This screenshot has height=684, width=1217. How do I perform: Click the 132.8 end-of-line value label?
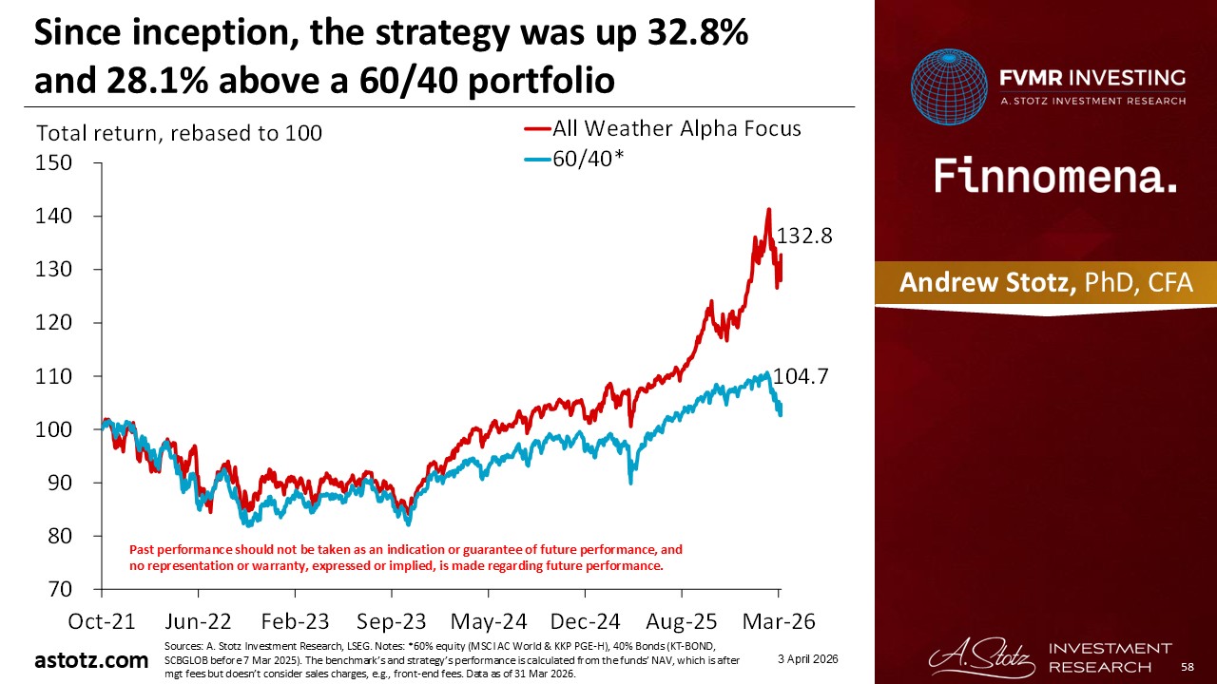(x=805, y=237)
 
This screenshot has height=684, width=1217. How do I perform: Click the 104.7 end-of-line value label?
(x=801, y=376)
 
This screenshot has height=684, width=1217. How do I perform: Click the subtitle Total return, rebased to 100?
(x=179, y=134)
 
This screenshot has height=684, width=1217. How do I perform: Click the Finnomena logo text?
(x=1055, y=177)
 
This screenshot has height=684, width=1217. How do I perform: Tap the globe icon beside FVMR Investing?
(x=949, y=86)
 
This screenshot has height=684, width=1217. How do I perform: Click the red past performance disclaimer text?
(x=406, y=558)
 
